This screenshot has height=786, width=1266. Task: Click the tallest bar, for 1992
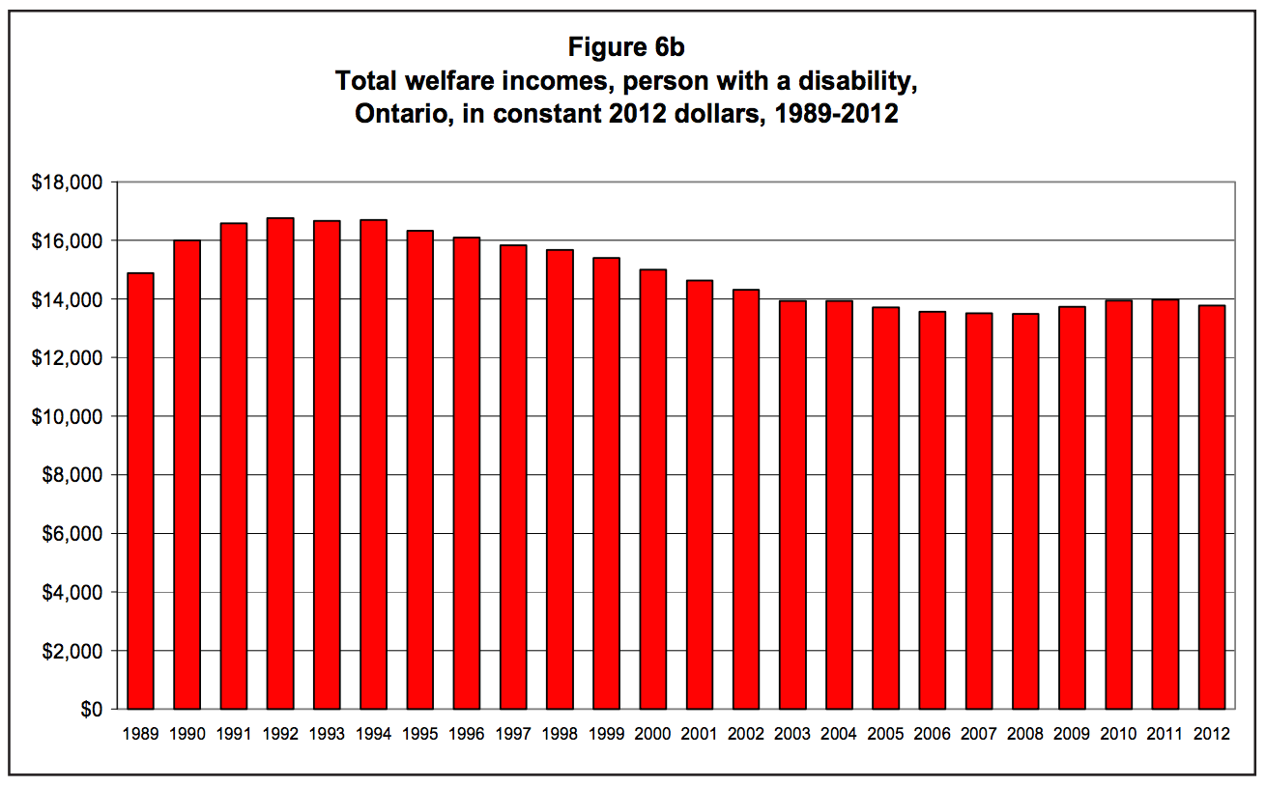[x=280, y=463]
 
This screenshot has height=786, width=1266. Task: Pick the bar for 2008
[x=1025, y=511]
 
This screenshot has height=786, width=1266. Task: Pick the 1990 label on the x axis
[x=187, y=735]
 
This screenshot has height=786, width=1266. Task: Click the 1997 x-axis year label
[x=513, y=735]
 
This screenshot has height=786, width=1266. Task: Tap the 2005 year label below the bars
[x=885, y=735]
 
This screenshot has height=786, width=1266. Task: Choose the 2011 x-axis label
[x=1165, y=735]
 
